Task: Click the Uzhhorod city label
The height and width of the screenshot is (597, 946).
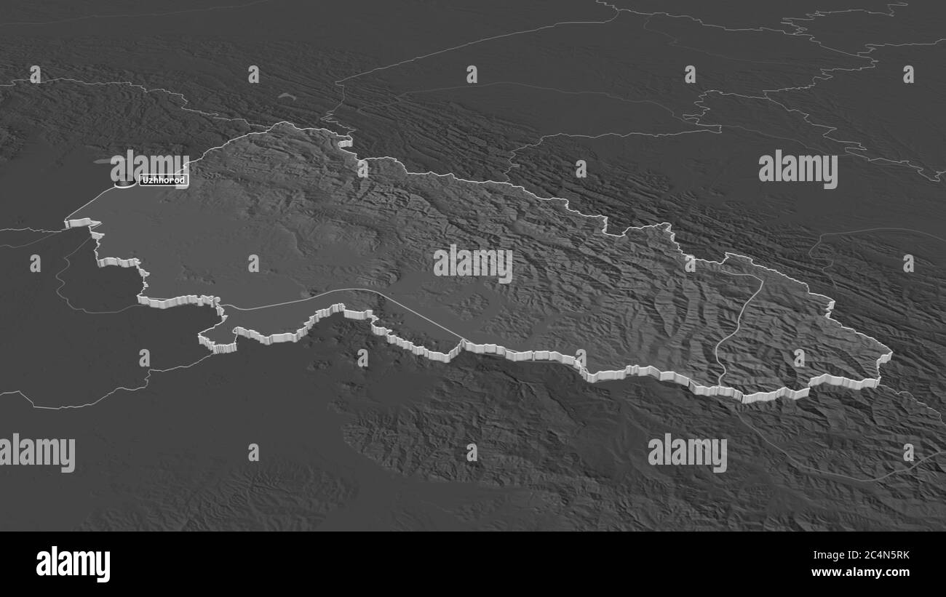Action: [164, 180]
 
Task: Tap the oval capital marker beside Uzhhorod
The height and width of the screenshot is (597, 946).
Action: [126, 185]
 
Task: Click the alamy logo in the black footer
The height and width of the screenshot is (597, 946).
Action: [73, 564]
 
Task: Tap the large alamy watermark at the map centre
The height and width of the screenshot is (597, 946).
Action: [473, 264]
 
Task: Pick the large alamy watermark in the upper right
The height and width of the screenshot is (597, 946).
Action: [798, 169]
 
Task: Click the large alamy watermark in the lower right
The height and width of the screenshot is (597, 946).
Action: [687, 452]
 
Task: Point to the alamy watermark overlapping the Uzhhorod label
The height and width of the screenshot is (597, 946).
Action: [150, 167]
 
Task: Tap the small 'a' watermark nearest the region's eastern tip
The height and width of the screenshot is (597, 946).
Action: [799, 357]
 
